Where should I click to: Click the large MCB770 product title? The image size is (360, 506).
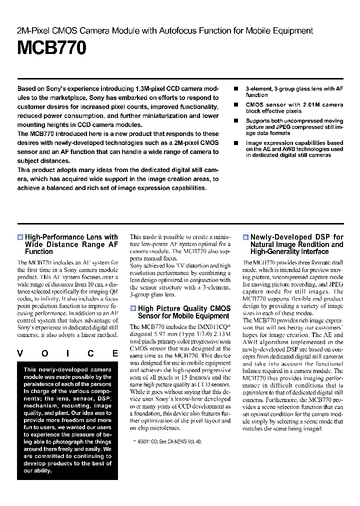(x=52, y=48)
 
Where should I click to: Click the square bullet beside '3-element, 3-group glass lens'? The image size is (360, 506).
(x=236, y=88)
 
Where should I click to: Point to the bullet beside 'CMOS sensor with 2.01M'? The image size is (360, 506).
(x=236, y=105)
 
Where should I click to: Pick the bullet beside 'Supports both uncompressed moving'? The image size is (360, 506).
(x=236, y=121)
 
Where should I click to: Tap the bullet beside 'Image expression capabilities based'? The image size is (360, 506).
(x=236, y=143)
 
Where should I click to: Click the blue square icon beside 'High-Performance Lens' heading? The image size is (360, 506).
(x=20, y=237)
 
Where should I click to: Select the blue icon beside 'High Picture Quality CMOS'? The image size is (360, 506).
(x=133, y=308)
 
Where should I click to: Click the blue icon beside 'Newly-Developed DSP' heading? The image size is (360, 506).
(x=245, y=237)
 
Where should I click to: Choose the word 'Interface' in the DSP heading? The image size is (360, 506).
(x=312, y=251)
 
